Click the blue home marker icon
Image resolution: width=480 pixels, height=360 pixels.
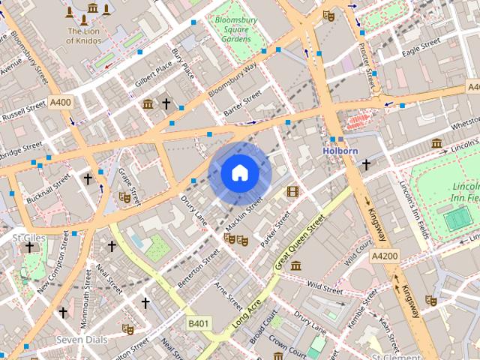click(240, 173)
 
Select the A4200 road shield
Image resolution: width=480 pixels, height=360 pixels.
click(385, 256)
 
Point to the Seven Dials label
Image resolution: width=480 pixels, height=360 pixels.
click(82, 340)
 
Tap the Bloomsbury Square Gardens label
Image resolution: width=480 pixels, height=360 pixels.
click(235, 28)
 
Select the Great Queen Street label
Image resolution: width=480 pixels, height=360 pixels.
click(300, 241)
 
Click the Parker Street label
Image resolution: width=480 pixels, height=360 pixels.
click(275, 229)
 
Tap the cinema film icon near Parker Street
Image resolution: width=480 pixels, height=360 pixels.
click(292, 191)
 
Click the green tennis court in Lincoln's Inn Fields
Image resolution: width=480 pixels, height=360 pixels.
click(454, 218)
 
